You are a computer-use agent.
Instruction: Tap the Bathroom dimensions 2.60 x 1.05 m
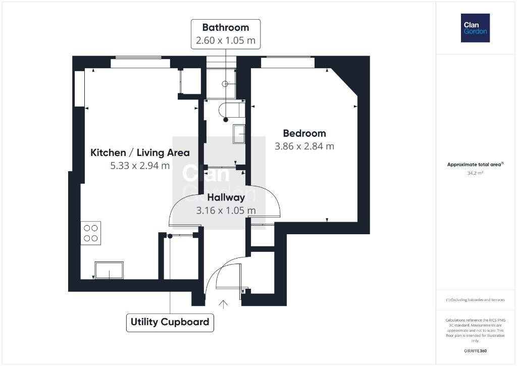point(226,40)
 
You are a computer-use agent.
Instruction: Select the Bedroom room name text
point(304,133)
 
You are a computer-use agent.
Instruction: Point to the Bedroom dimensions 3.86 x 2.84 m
point(304,146)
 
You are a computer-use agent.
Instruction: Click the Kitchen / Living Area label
point(140,152)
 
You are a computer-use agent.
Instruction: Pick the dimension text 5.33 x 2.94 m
point(140,166)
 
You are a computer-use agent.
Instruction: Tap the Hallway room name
point(226,197)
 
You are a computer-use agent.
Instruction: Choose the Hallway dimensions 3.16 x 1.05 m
point(226,211)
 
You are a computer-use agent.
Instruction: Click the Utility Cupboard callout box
point(170,322)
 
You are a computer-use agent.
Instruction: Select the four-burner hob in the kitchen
point(91,233)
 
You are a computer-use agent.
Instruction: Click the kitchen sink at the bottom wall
point(109,270)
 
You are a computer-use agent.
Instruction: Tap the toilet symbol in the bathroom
point(232,110)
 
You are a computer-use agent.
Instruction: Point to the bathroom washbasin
point(239,134)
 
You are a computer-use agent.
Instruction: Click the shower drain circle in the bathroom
point(225,84)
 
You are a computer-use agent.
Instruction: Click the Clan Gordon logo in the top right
point(475,28)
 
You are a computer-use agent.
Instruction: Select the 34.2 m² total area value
point(475,173)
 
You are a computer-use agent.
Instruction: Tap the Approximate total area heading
point(475,164)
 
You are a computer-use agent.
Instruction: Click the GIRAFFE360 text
point(475,351)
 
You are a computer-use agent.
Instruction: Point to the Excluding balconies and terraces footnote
point(475,300)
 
